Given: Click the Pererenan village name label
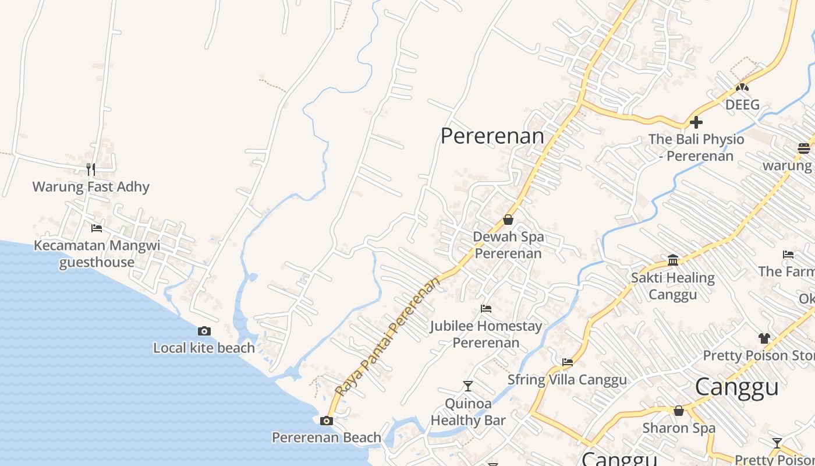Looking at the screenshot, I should (492, 136).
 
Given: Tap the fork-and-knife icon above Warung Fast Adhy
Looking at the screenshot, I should (90, 170).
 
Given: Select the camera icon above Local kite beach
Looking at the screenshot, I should (204, 331).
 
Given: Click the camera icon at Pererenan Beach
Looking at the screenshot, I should (327, 421).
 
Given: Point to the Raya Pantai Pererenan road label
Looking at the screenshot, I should (388, 337).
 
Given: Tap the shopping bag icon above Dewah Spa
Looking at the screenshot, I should (508, 220).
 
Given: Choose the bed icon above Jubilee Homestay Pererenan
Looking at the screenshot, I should (486, 308).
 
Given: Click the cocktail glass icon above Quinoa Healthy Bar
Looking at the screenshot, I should (467, 386).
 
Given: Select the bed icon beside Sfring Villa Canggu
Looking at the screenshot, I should (568, 362).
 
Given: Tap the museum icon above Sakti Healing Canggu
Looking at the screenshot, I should (673, 260).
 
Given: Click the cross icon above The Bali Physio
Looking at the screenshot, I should (696, 122).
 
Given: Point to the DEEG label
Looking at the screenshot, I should (742, 105).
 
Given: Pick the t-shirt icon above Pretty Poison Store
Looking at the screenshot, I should (764, 338).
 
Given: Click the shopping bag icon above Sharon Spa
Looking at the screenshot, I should (678, 411).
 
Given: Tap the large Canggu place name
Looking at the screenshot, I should (736, 387).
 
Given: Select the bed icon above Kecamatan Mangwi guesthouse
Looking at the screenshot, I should (97, 228).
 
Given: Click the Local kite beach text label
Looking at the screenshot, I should (204, 348).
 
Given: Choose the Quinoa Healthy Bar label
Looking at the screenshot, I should (468, 412).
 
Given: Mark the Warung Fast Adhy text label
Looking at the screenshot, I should (91, 187).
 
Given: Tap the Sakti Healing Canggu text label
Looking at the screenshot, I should (673, 286).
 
